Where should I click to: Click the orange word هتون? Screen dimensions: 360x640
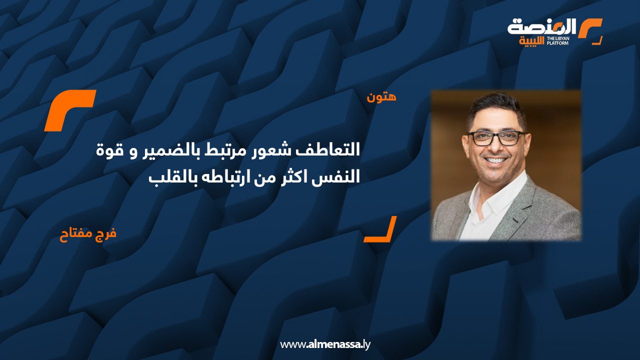point(381,96)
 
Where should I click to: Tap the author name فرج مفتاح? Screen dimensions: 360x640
point(88,234)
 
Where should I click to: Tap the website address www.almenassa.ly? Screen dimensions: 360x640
point(325,344)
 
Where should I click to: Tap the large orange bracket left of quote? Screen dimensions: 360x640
point(69,110)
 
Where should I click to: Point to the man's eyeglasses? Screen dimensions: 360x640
point(495,137)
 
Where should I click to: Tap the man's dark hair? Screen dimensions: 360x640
point(495,106)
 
